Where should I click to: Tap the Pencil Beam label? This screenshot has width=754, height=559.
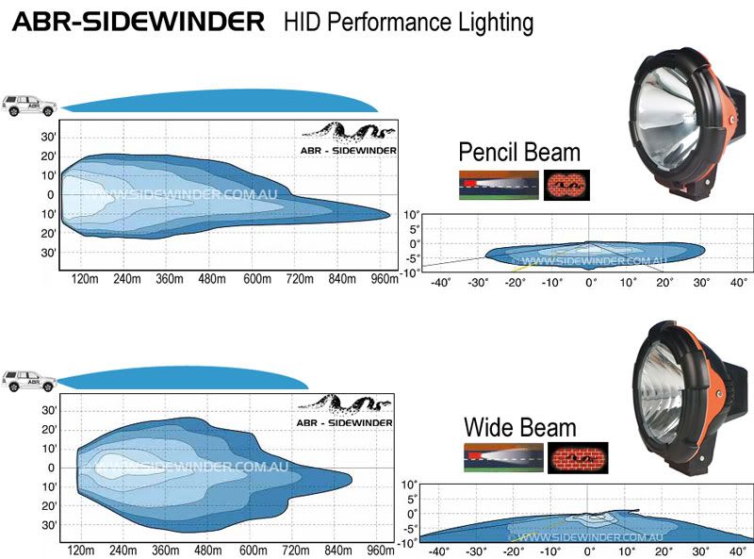[518, 153]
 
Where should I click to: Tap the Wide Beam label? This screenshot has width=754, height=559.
[519, 427]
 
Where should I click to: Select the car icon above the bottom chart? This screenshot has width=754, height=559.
[28, 380]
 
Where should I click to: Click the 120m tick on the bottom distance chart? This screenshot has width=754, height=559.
[82, 551]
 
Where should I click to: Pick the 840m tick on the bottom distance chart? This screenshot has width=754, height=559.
[337, 551]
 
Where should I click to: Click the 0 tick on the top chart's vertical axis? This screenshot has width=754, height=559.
[50, 195]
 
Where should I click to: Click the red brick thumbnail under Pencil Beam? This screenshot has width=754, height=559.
[566, 185]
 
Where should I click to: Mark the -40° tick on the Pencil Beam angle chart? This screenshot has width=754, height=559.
[440, 282]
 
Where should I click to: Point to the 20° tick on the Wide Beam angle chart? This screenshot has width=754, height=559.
[664, 551]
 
